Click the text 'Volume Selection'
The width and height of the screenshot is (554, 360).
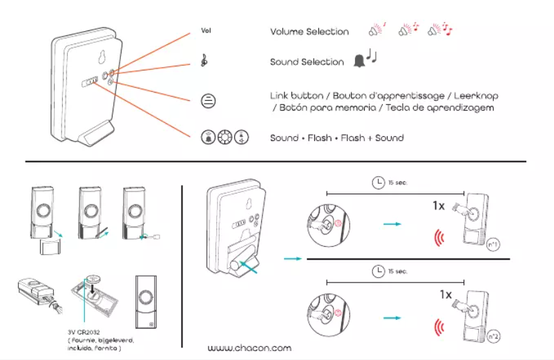pos(309,32)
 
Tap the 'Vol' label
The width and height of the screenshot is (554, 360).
pos(205,31)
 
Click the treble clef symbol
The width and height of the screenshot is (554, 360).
pos(205,61)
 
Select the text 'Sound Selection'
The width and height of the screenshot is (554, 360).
pos(307,62)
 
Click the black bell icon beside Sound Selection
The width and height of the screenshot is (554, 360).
pos(359,61)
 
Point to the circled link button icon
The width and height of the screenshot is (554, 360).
pos(207,101)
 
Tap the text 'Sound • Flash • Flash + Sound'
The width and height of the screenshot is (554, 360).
pos(336,138)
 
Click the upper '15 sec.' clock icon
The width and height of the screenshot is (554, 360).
pos(378,182)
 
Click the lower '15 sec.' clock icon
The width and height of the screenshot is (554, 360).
pos(378,270)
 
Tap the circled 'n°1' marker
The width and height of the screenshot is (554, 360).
pos(493,245)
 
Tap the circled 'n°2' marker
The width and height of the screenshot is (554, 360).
pos(493,337)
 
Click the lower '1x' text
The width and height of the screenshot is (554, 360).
pos(446,294)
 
